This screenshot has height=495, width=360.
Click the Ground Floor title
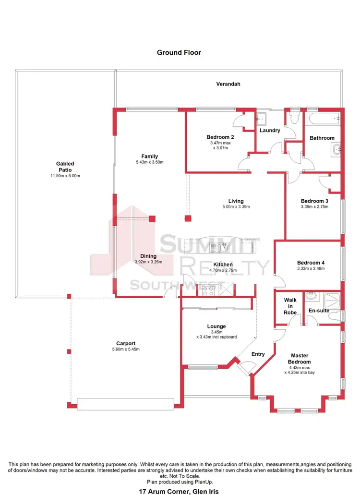click(179, 52)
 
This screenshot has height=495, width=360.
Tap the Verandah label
click(228, 84)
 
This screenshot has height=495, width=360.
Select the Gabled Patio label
click(65, 167)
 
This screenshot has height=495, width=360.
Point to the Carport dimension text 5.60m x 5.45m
click(126, 349)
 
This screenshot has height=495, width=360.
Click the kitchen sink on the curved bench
click(223, 248)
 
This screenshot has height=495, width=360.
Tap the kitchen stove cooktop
click(209, 290)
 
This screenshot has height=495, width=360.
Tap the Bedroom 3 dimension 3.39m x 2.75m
click(314, 206)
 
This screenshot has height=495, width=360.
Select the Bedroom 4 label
click(311, 263)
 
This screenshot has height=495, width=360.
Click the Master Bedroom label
click(299, 359)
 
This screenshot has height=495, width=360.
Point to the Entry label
click(258, 354)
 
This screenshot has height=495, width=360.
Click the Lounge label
click(216, 326)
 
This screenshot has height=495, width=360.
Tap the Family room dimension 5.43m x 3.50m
click(149, 162)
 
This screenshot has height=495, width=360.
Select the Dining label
click(148, 256)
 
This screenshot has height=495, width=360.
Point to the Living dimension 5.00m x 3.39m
click(236, 207)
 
